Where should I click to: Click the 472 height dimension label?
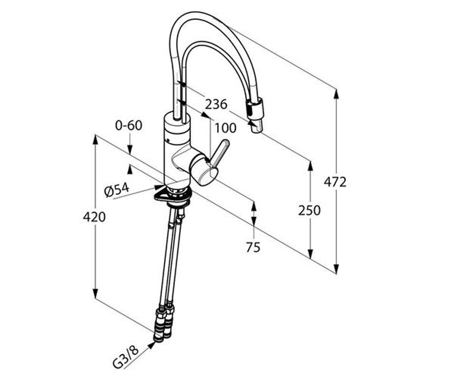coord(335,182)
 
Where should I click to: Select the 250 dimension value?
coord(309,211)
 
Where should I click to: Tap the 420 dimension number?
coord(94,217)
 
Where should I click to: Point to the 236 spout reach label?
coord(216,104)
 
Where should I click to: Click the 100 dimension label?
coord(225,128)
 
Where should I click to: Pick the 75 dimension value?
coord(253,247)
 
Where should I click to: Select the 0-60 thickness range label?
coord(129,125)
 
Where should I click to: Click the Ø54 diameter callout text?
coord(117,190)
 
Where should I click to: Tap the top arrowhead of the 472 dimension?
coord(336,94)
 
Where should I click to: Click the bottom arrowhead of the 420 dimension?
coord(95,293)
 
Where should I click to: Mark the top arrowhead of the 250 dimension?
coord(310,166)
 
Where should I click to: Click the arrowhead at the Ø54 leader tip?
coord(159,187)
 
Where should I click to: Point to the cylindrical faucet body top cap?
coord(177,122)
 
